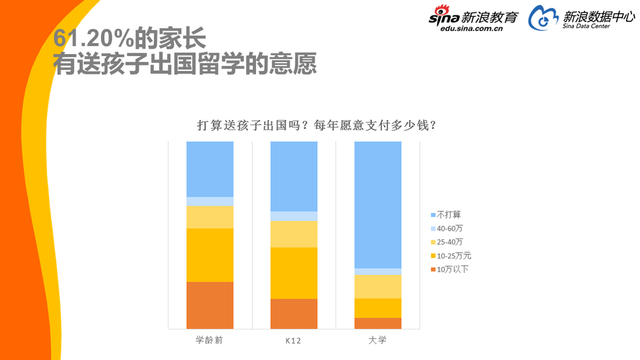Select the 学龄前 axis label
click(x=210, y=342)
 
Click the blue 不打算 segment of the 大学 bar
click(x=378, y=204)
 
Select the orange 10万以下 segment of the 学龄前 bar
click(x=210, y=304)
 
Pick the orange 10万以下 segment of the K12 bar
click(x=294, y=313)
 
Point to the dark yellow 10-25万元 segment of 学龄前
click(x=210, y=254)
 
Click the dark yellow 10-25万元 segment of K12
click(x=294, y=272)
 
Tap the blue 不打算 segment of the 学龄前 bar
click(x=210, y=169)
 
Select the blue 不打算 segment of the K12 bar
click(x=294, y=176)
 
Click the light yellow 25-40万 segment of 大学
click(x=378, y=286)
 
